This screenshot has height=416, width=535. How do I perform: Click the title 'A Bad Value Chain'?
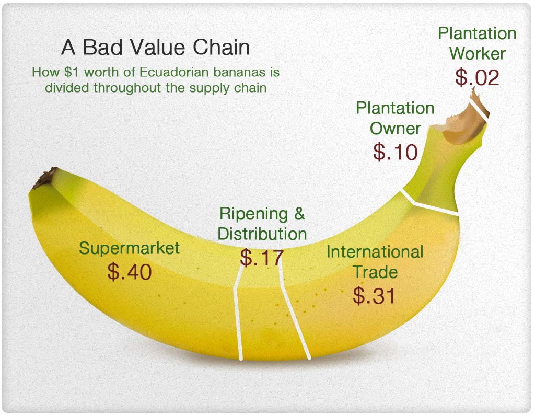click(156, 47)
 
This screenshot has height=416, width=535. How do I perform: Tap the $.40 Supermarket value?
click(130, 272)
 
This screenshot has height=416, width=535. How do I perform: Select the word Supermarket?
click(129, 248)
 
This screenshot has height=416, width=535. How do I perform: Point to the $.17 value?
click(262, 258)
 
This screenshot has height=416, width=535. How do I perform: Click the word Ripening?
click(253, 214)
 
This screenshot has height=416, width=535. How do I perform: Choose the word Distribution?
click(262, 234)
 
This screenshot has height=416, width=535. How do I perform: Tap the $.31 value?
click(374, 295)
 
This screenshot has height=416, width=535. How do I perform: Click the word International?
click(375, 252)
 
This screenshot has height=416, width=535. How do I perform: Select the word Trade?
click(375, 272)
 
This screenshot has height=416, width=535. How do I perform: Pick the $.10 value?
click(395, 152)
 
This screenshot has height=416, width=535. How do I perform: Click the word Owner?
click(395, 129)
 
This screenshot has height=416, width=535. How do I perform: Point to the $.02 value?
click(477, 77)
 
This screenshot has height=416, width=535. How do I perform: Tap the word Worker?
click(478, 54)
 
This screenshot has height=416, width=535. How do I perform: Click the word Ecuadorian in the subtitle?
click(174, 72)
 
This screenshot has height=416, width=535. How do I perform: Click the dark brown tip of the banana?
click(45, 177)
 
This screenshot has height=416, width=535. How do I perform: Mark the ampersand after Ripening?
click(299, 214)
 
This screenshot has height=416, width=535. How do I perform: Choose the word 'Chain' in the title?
click(222, 47)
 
